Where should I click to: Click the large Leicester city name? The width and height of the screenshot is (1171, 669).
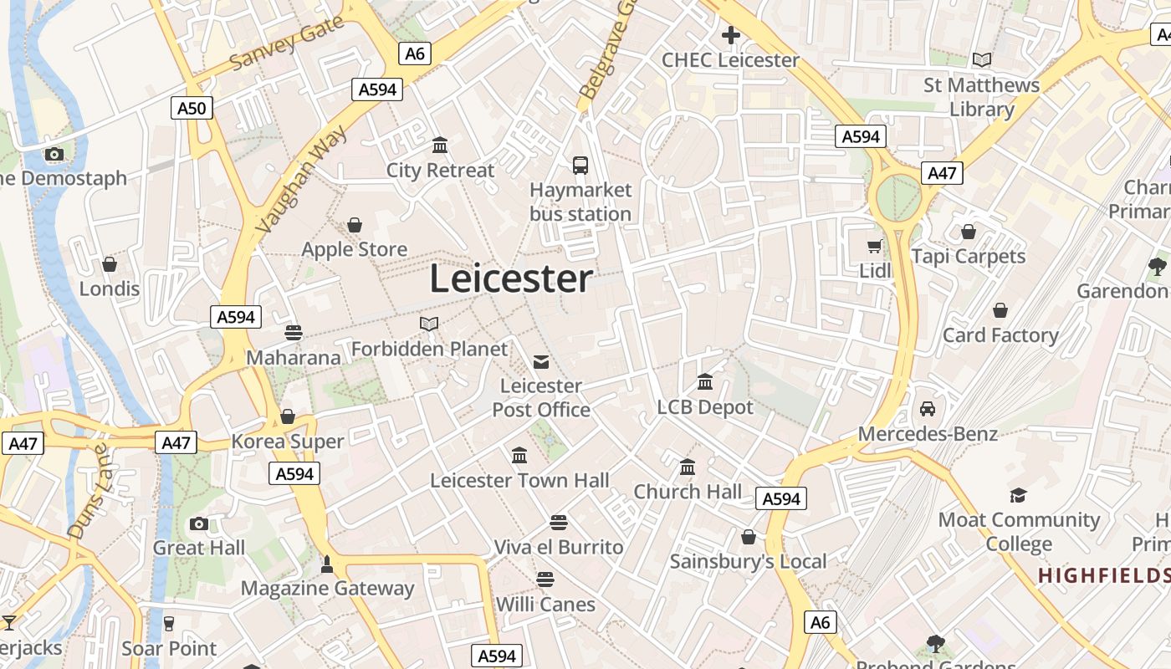pyautogui.click(x=511, y=279)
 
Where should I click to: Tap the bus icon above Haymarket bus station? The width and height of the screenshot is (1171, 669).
pyautogui.click(x=580, y=165)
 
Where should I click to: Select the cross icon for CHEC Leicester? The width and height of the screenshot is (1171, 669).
pyautogui.click(x=730, y=35)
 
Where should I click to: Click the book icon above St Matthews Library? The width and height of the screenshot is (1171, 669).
pyautogui.click(x=981, y=60)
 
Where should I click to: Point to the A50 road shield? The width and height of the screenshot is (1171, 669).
pyautogui.click(x=192, y=108)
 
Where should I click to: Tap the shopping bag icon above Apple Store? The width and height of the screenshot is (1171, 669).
pyautogui.click(x=355, y=225)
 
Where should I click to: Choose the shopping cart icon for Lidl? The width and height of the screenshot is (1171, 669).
pyautogui.click(x=875, y=246)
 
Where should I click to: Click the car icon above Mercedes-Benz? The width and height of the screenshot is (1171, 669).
pyautogui.click(x=927, y=409)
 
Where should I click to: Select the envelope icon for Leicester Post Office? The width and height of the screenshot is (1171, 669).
pyautogui.click(x=541, y=361)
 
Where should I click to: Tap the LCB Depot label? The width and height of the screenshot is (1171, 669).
pyautogui.click(x=705, y=407)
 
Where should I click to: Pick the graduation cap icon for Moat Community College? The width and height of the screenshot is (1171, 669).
pyautogui.click(x=1018, y=495)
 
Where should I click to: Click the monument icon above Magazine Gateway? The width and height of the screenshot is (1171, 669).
pyautogui.click(x=327, y=564)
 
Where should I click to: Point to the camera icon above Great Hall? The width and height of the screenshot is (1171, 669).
pyautogui.click(x=198, y=524)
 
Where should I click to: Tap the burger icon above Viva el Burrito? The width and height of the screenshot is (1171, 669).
pyautogui.click(x=559, y=523)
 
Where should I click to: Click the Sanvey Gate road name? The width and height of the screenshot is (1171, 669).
pyautogui.click(x=287, y=43)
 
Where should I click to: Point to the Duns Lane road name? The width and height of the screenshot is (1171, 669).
pyautogui.click(x=89, y=491)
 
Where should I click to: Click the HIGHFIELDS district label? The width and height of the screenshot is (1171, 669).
pyautogui.click(x=1104, y=576)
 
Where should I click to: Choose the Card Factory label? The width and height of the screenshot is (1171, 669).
pyautogui.click(x=1000, y=335)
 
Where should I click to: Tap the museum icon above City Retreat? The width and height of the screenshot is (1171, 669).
pyautogui.click(x=440, y=146)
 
